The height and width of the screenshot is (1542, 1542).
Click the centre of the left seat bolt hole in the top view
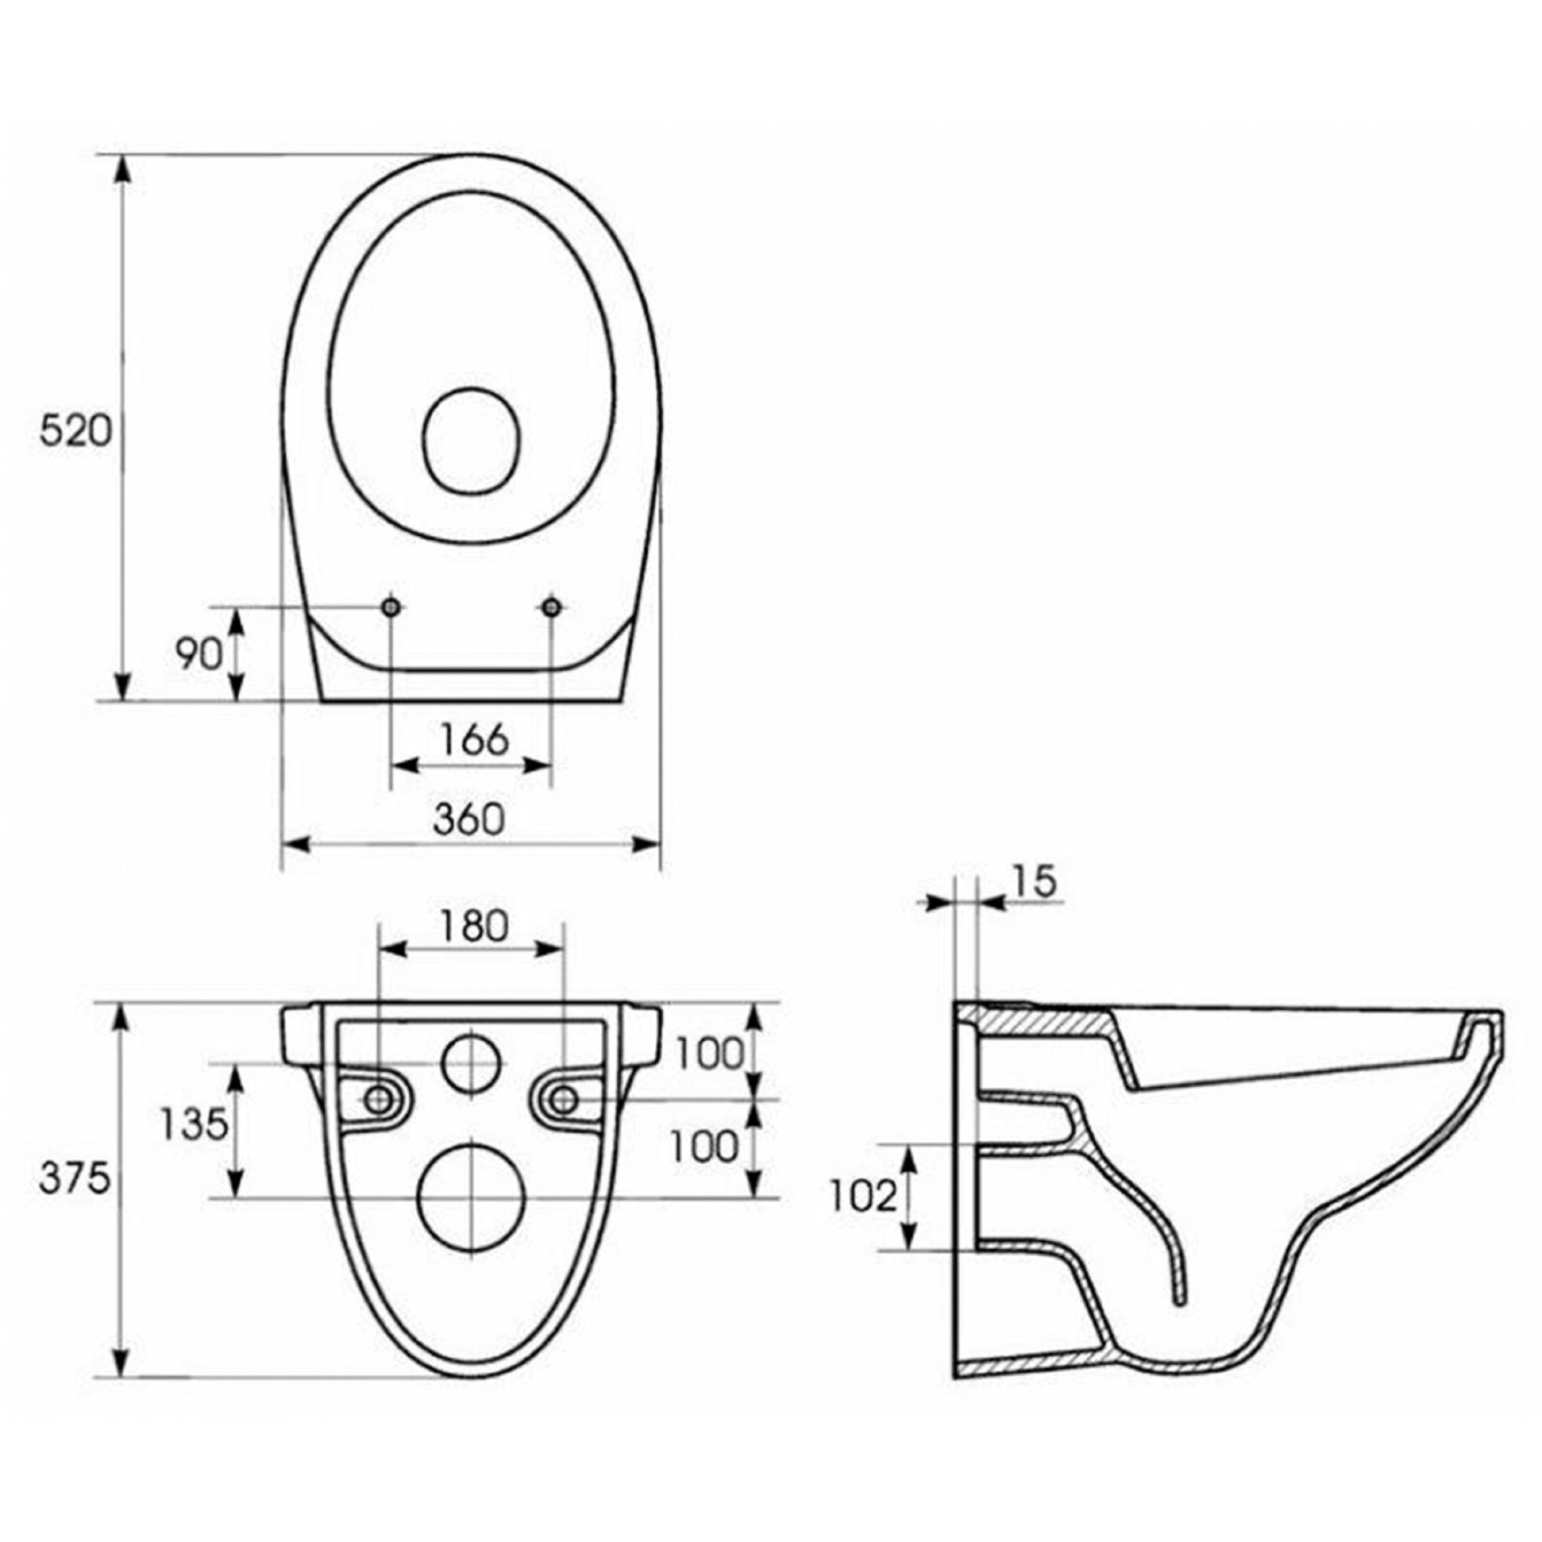pyautogui.click(x=391, y=607)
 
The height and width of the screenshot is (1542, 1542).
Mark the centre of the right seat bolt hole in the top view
pyautogui.click(x=551, y=607)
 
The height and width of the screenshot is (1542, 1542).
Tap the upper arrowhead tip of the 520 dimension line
pyautogui.click(x=121, y=155)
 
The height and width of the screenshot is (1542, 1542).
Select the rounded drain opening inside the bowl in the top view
pyautogui.click(x=472, y=439)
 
